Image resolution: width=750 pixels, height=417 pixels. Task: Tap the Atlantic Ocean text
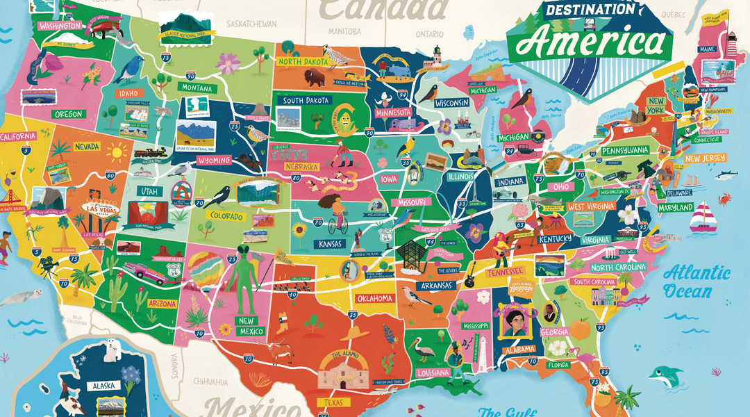pos(695,281)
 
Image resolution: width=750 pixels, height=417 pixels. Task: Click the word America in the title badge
pos(592,43)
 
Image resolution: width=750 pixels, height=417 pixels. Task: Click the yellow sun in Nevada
pos(116,151)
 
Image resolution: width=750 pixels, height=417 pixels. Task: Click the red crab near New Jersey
pos(724,199)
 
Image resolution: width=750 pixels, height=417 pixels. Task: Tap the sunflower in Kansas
pos(301,229)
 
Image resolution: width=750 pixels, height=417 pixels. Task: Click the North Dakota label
pos(303,61)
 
